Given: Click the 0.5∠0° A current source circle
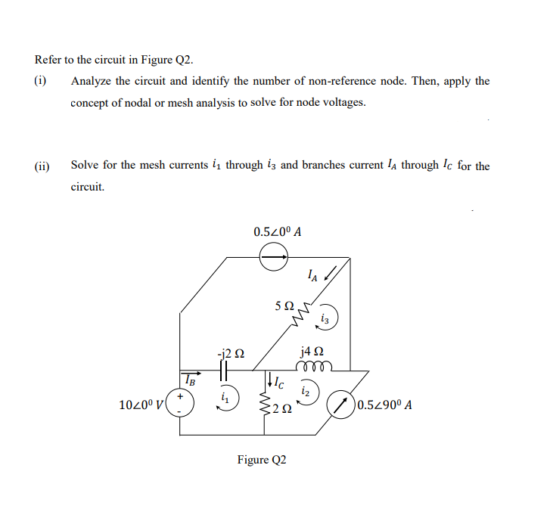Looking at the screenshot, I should (274, 259).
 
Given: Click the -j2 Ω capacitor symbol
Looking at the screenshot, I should (224, 371).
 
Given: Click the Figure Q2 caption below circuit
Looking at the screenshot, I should (263, 459).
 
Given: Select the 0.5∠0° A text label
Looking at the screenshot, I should (278, 231).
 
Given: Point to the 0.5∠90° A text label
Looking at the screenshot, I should (386, 405).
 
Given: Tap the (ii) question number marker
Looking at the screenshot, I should (42, 164).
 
